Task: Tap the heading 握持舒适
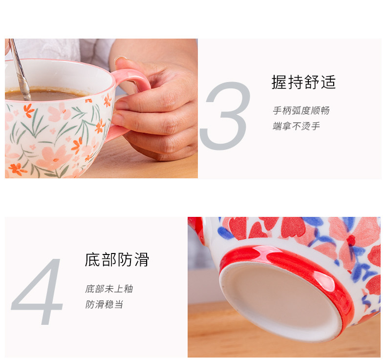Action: tap(303, 82)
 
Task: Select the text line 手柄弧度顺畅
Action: tap(301, 110)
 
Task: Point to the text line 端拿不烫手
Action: tap(296, 126)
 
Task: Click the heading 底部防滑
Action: tap(117, 259)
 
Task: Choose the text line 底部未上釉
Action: tap(109, 289)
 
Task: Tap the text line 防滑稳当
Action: tap(104, 304)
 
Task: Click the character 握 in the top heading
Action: tap(279, 82)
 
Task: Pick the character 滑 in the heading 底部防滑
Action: tap(142, 259)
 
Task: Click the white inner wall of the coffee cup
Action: tap(62, 74)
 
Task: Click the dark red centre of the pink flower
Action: tap(351, 240)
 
